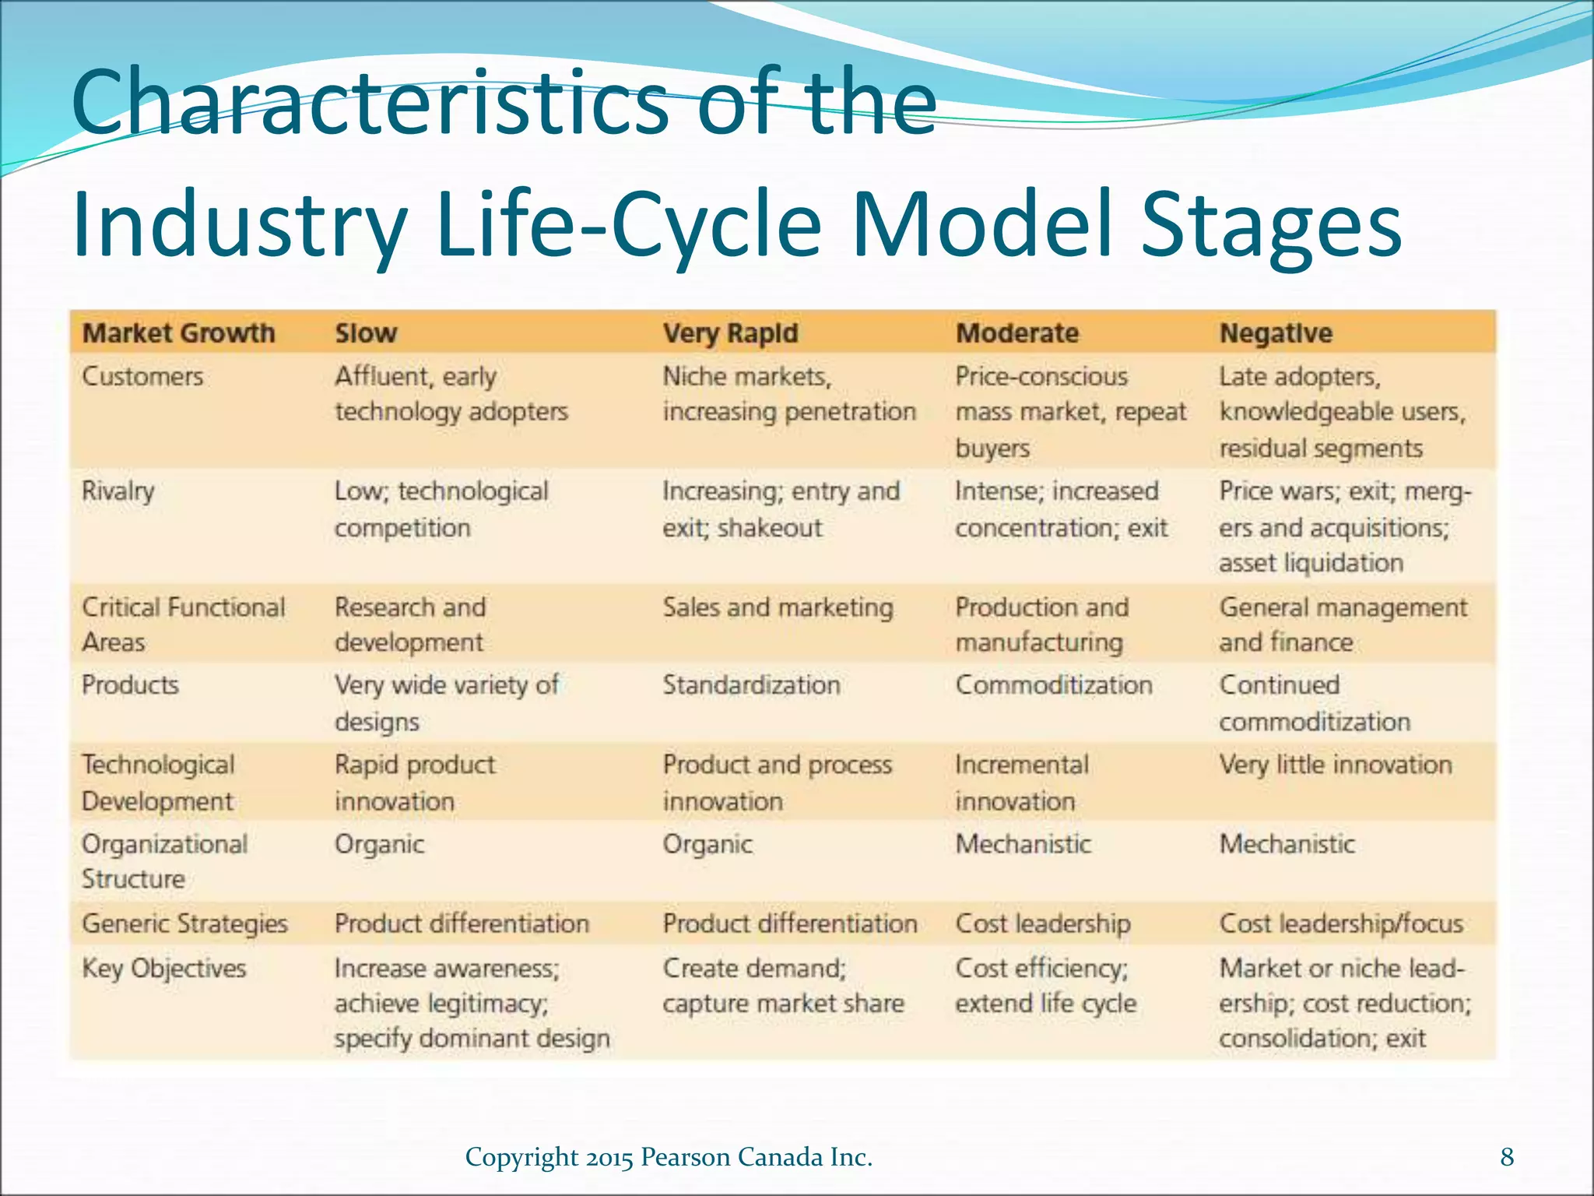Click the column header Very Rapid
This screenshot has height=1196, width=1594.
point(730,333)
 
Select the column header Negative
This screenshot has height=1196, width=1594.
point(1275,333)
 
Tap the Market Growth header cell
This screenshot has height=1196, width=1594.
point(178,333)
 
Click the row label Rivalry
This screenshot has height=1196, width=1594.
point(118,491)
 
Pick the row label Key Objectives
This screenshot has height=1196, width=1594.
point(163,969)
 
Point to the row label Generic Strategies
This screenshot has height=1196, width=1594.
point(184,923)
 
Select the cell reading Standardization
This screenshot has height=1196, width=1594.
point(751,685)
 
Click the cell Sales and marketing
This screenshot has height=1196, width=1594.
point(778,607)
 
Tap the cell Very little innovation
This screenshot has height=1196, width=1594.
point(1335,765)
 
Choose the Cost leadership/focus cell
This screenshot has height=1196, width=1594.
point(1340,923)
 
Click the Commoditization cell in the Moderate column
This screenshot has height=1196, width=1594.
point(1053,685)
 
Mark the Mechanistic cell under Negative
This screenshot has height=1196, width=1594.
point(1287,844)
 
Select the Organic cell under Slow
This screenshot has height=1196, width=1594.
point(379,844)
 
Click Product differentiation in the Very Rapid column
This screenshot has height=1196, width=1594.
point(789,923)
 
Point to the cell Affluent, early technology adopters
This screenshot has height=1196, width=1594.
point(451,394)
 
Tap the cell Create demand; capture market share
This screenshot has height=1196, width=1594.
point(782,986)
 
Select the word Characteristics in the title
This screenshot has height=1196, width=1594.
point(369,102)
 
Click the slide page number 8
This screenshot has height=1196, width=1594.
point(1507,1157)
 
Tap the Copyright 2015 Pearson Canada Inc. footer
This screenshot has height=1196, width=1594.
point(669,1157)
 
